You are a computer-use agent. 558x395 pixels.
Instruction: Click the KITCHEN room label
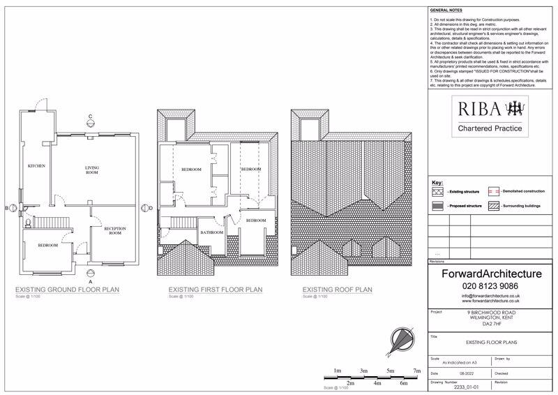point(36,166)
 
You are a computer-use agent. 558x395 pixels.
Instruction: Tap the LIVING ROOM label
point(92,170)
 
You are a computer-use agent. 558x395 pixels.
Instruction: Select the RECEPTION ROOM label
point(113,231)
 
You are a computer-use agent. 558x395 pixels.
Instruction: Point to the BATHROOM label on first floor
point(211,232)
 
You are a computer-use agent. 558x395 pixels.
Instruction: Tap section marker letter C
point(90,116)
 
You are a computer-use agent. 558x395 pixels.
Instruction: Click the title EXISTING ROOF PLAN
point(337,290)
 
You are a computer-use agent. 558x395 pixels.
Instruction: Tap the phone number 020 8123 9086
point(492,285)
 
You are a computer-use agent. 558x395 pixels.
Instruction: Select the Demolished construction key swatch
point(493,191)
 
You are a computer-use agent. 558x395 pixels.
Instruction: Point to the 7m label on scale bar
point(416,371)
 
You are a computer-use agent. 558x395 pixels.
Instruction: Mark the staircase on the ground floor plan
point(50,223)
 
